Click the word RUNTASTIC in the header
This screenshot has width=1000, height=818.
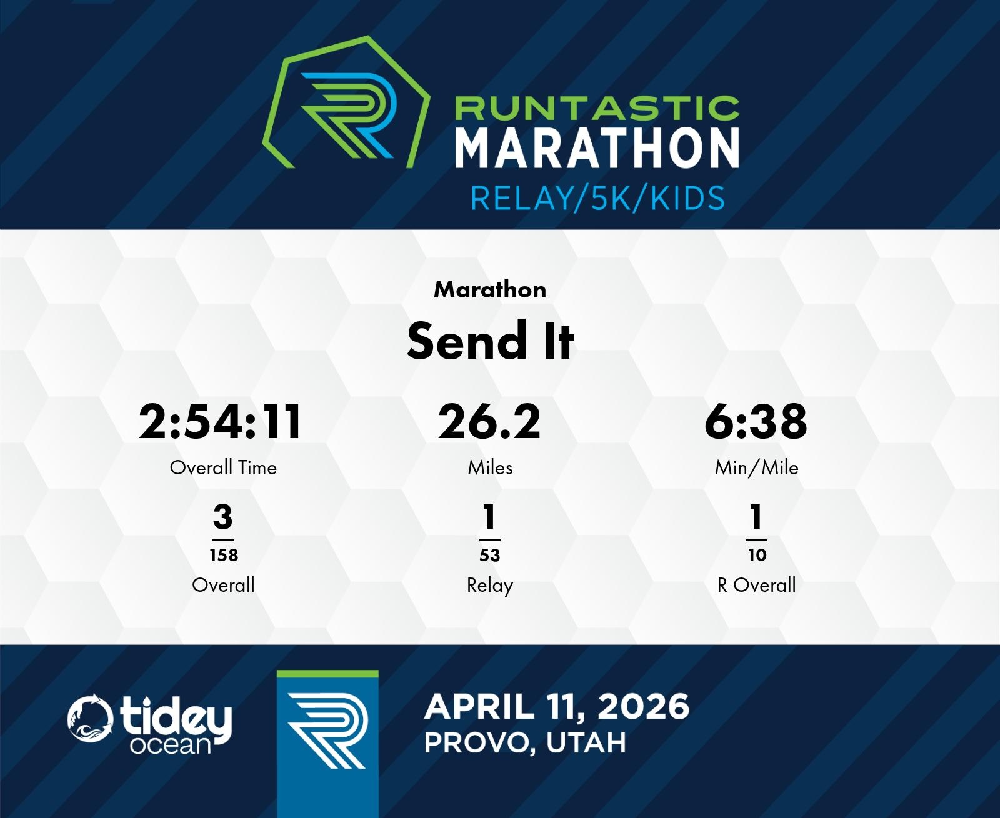(597, 108)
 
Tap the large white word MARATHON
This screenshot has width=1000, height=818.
(597, 147)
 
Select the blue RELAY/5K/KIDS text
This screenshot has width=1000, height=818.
(597, 198)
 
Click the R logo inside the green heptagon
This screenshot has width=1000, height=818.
(347, 115)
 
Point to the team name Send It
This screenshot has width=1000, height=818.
(490, 341)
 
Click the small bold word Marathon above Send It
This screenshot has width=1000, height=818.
(490, 289)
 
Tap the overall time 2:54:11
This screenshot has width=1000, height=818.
(220, 422)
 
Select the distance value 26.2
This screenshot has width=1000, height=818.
(489, 422)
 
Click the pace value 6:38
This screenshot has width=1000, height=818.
(756, 422)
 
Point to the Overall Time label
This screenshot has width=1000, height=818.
(223, 468)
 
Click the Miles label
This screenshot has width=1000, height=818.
(490, 468)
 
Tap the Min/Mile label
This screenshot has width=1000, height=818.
(757, 468)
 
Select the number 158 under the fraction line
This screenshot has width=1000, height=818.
(224, 555)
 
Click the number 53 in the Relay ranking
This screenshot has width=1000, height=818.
(490, 555)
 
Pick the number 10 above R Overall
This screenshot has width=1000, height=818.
(757, 555)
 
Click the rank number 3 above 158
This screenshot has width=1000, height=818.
(223, 517)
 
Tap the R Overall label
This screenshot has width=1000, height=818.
(757, 585)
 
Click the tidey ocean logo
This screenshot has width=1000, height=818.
(150, 724)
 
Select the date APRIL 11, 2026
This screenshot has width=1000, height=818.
(557, 707)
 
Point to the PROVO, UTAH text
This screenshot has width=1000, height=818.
(525, 742)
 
